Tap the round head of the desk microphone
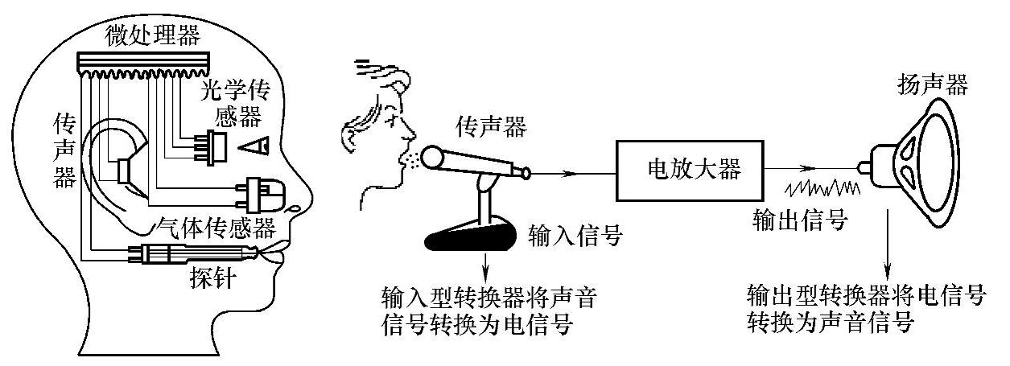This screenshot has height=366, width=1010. [x=435, y=156]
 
